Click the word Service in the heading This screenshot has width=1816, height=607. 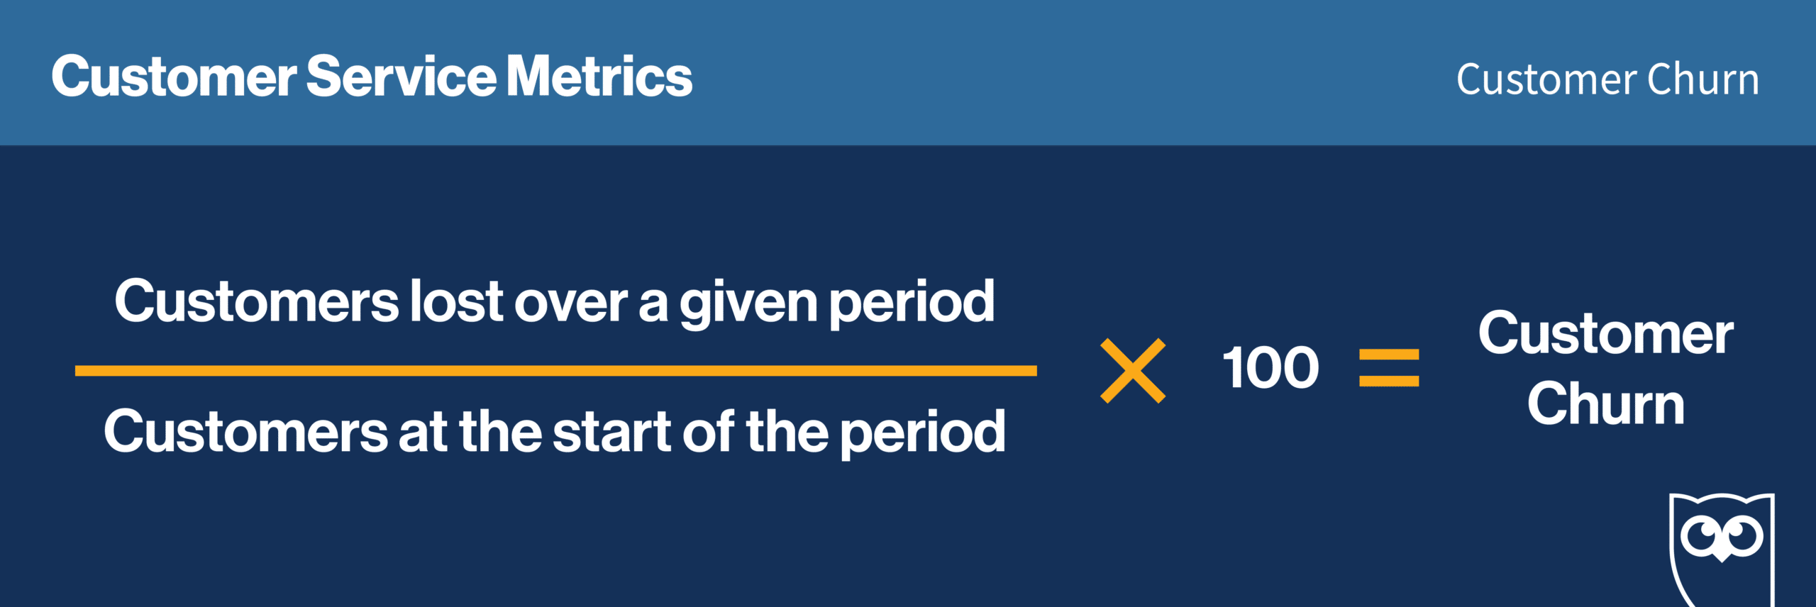point(402,76)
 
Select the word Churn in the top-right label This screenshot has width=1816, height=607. point(1703,79)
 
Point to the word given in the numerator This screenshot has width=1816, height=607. point(748,305)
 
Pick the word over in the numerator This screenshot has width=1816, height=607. point(571,306)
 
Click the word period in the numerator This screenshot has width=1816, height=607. point(912,305)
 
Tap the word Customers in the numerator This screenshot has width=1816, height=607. point(258,301)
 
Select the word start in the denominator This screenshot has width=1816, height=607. point(611,433)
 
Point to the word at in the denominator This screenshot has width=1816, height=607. point(423,433)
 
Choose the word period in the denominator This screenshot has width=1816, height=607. point(923,434)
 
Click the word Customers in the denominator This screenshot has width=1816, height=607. point(246,431)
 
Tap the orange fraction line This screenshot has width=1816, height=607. point(556,371)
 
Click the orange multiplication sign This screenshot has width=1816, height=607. point(1133,371)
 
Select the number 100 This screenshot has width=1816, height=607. point(1270,368)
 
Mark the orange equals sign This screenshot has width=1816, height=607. point(1389,368)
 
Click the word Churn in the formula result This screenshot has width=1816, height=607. point(1606,403)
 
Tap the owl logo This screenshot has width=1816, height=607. point(1722,550)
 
